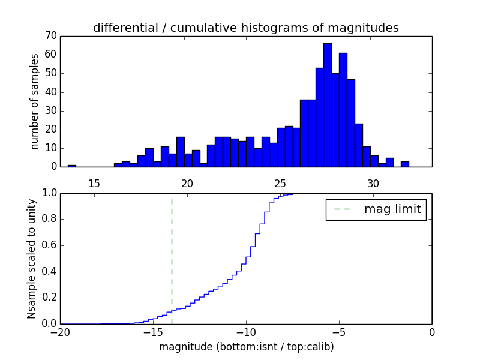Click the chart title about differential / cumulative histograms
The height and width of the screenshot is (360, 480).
pyautogui.click(x=245, y=28)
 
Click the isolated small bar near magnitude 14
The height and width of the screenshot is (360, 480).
pyautogui.click(x=72, y=166)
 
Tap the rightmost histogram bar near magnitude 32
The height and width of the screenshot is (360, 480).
pyautogui.click(x=405, y=164)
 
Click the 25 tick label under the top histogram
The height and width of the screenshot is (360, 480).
pyautogui.click(x=280, y=184)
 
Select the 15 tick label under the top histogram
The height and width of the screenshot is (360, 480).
pyautogui.click(x=94, y=184)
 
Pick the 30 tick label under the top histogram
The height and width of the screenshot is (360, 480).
pyautogui.click(x=373, y=184)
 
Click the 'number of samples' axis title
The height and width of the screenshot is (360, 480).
pyautogui.click(x=35, y=101)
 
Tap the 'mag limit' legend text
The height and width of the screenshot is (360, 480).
pyautogui.click(x=392, y=209)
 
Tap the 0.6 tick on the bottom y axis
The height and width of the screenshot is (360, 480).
pyautogui.click(x=49, y=245)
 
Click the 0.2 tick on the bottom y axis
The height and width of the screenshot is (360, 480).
pyautogui.click(x=49, y=298)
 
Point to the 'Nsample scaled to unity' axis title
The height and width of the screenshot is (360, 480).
pyautogui.click(x=31, y=259)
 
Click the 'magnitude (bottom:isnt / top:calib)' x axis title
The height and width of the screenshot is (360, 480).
pyautogui.click(x=246, y=347)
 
